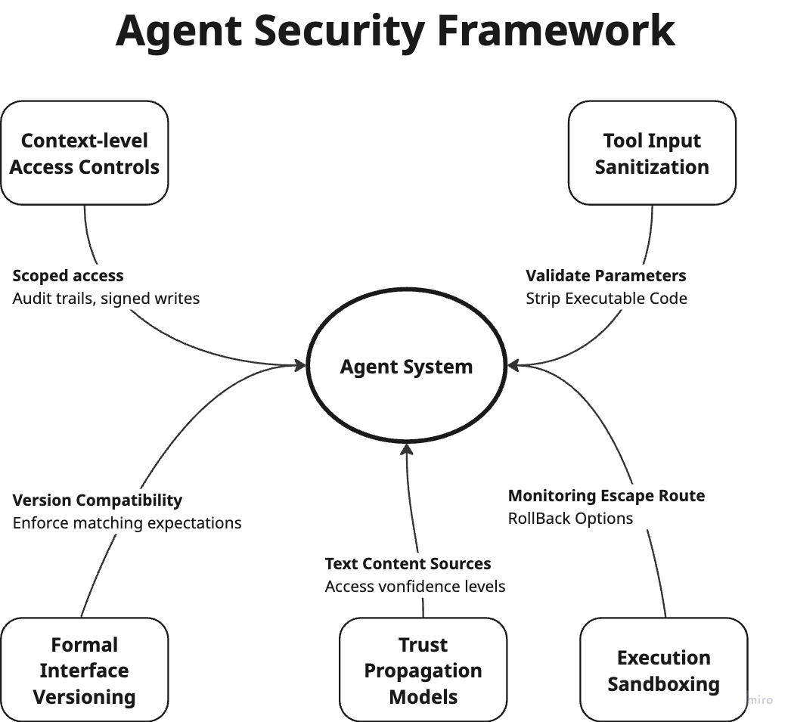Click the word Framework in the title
(556, 30)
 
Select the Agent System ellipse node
(406, 367)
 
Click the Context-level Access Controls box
(84, 153)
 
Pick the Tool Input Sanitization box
(652, 153)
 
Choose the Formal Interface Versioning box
(84, 670)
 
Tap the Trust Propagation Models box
(423, 670)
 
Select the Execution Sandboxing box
(663, 670)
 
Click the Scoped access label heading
(68, 276)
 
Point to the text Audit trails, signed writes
(106, 299)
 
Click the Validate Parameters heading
(606, 276)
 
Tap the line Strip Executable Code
(606, 299)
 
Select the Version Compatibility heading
(98, 500)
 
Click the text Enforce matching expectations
(127, 523)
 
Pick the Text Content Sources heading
(408, 564)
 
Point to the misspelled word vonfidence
(408, 587)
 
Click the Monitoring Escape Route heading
(606, 496)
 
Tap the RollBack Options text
(570, 519)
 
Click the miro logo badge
(760, 700)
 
